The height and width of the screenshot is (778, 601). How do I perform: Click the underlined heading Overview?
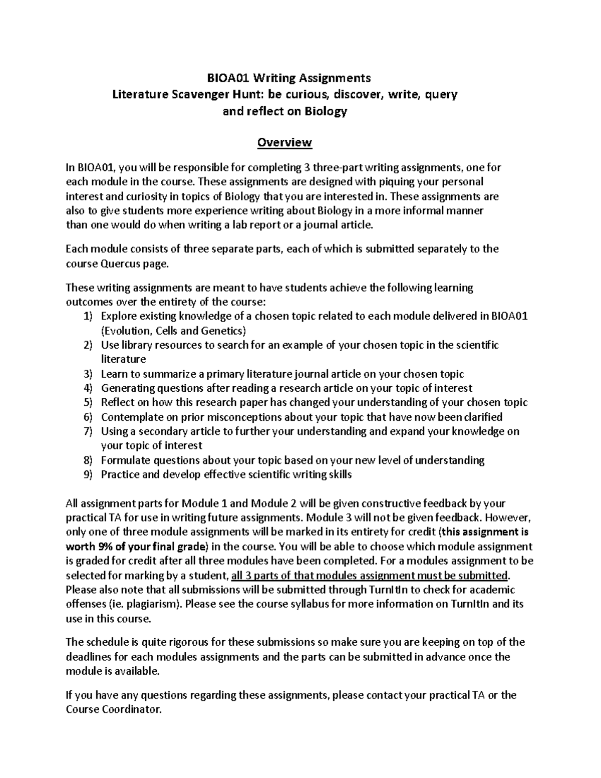click(284, 143)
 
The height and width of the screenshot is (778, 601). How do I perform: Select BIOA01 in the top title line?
click(229, 78)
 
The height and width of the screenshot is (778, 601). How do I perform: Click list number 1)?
click(88, 317)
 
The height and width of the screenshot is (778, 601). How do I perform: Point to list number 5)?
click(88, 403)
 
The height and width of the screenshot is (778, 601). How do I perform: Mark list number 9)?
click(88, 475)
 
